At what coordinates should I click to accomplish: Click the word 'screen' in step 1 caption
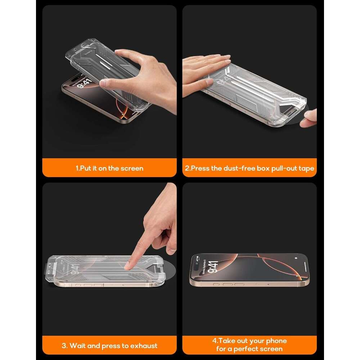point(132,168)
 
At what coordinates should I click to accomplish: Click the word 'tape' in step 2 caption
point(306,169)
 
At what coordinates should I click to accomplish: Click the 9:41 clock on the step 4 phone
point(212,267)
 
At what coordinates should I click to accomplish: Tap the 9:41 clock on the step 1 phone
point(84,84)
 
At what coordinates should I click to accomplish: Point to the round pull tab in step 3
point(169,270)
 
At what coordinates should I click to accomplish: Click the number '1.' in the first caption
point(78,168)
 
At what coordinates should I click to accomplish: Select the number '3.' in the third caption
point(64,346)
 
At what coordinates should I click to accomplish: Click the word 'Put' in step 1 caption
point(85,168)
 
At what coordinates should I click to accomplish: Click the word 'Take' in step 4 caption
point(228,341)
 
